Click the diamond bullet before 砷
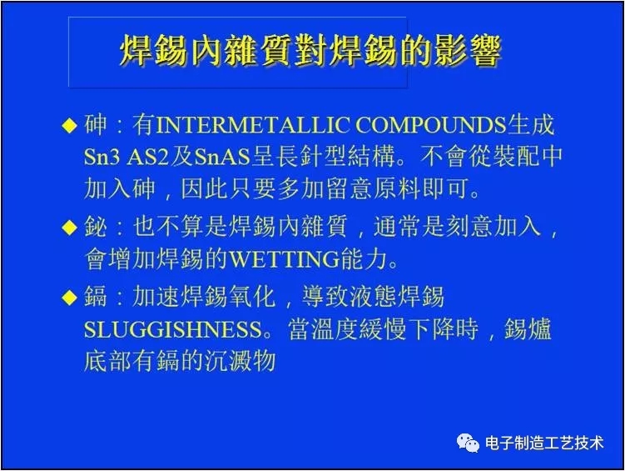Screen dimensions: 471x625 pos(70,127)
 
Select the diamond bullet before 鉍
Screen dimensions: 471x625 pos(70,228)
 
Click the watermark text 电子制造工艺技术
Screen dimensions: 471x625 pos(543,443)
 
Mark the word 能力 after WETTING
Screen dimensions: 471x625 pos(365,259)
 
